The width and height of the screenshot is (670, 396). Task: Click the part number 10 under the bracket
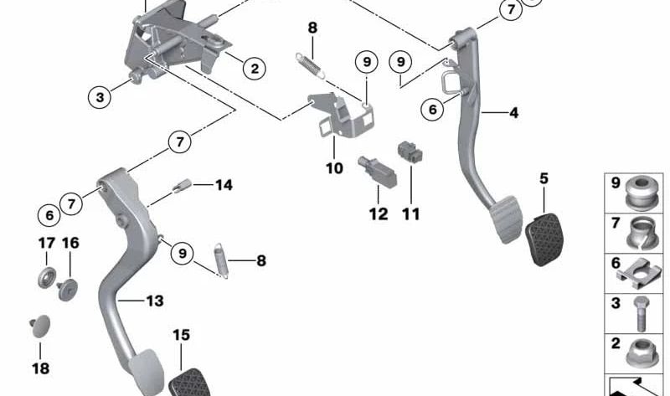(335, 168)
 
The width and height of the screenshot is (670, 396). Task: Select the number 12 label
(379, 214)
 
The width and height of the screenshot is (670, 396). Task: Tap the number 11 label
(410, 214)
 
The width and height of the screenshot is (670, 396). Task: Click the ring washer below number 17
(46, 277)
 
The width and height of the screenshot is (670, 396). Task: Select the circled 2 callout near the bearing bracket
(254, 68)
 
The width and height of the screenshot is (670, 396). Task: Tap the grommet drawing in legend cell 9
(642, 191)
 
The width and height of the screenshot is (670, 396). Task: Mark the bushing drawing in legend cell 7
(642, 231)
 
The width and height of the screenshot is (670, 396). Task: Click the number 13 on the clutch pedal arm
(154, 301)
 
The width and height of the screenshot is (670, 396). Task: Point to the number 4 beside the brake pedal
(513, 111)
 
